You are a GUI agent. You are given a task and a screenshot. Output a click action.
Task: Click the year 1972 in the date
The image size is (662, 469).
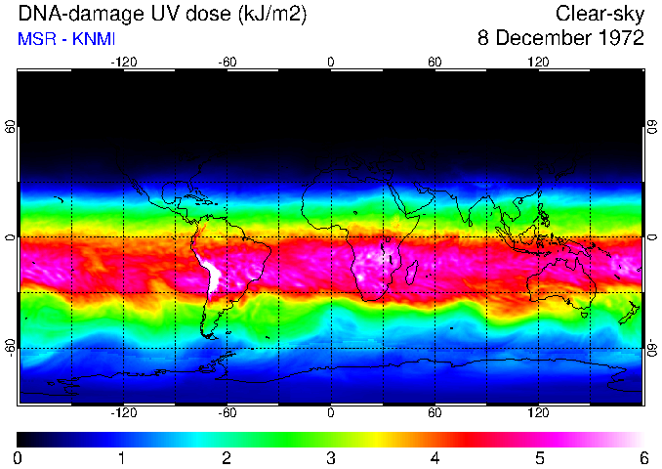point(620,39)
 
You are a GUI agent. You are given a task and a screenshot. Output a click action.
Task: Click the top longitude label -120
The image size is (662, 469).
point(123,62)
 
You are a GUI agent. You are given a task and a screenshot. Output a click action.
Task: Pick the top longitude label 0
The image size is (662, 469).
point(331,62)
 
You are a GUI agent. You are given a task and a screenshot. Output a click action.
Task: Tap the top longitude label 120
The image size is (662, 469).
point(538,62)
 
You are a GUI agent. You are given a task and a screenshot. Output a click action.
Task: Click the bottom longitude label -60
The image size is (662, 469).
point(228,413)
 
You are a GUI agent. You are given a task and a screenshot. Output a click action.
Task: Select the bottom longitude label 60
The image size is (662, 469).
point(434,413)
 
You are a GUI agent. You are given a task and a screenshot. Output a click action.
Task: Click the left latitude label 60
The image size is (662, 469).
point(11,127)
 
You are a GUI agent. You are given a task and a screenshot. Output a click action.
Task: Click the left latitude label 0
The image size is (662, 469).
point(11,237)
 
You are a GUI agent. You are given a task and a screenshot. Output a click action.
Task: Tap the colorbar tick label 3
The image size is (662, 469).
point(331,457)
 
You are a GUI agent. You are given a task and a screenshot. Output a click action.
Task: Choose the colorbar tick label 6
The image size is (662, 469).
point(642,457)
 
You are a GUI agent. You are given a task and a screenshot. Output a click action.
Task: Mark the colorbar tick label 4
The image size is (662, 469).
point(434,457)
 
